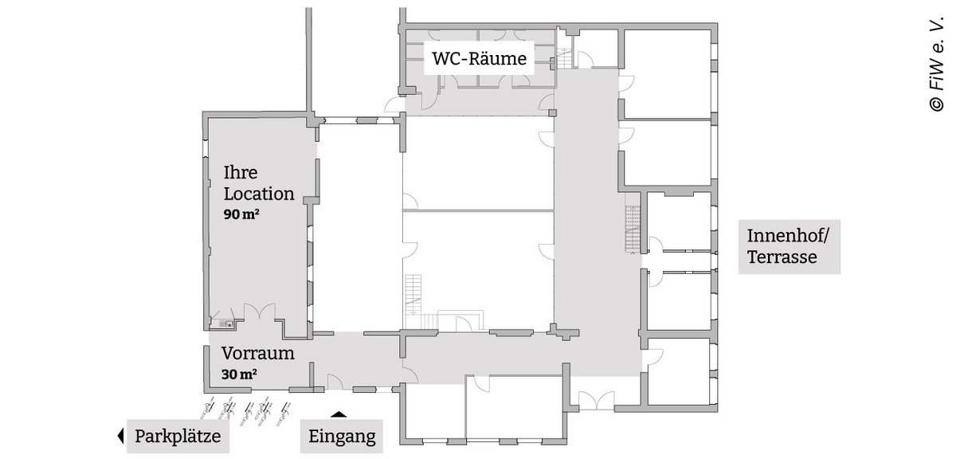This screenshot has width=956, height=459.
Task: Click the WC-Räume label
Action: (x=479, y=58)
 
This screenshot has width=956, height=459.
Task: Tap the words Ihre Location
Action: (x=259, y=183)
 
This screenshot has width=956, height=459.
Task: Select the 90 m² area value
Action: (x=241, y=214)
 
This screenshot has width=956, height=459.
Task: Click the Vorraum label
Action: (x=258, y=353)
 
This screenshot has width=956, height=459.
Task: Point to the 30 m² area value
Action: (x=239, y=375)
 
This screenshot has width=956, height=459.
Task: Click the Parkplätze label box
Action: (x=178, y=436)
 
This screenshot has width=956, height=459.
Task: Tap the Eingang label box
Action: (x=342, y=436)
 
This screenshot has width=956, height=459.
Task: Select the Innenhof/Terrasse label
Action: (x=789, y=247)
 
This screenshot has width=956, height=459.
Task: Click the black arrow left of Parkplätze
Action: (x=120, y=436)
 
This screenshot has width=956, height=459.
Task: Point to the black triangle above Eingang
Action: (x=339, y=414)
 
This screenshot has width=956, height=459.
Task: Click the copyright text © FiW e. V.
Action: (x=936, y=64)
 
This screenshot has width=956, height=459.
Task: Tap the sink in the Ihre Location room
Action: (x=226, y=324)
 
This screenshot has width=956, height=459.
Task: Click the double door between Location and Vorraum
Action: (x=260, y=311)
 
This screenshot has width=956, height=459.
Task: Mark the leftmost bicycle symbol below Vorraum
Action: (x=207, y=409)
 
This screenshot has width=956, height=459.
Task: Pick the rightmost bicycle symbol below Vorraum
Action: (x=283, y=414)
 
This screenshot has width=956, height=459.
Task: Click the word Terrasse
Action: (x=782, y=257)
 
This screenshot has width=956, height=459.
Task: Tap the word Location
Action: (x=259, y=194)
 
